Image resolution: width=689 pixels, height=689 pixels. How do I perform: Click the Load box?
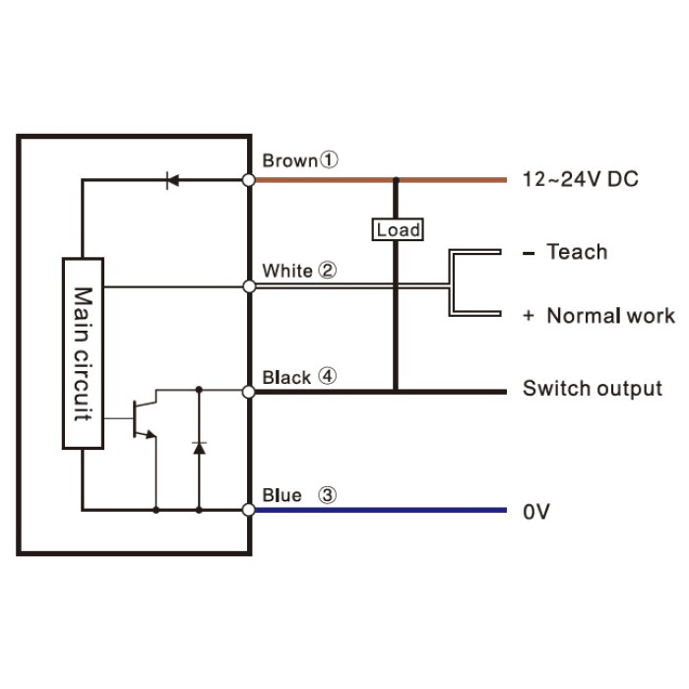click(398, 229)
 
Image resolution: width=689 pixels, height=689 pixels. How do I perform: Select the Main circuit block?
click(83, 353)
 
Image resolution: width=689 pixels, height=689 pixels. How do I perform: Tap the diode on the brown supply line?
click(172, 180)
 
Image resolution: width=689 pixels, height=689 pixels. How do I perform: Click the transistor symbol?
click(145, 419)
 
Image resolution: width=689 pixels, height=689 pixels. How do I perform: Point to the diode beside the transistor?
click(199, 448)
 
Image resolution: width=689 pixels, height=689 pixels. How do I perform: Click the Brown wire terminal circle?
click(249, 180)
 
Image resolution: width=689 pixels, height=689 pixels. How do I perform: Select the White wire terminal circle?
click(249, 286)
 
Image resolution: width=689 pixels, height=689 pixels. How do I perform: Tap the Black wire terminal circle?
click(249, 392)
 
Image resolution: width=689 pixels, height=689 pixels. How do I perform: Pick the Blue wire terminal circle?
click(249, 510)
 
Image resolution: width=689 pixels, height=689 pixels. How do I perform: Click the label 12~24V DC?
click(580, 179)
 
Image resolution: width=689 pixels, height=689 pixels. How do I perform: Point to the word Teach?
click(577, 252)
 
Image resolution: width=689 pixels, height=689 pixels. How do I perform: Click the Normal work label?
click(610, 316)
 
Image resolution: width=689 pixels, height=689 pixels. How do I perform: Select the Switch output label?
click(593, 389)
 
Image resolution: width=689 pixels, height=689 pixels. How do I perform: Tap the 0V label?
click(536, 512)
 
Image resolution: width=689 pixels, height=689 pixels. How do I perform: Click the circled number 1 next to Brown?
click(328, 159)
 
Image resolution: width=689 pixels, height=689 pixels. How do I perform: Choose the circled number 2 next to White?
click(327, 270)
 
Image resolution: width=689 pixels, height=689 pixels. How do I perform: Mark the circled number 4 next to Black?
click(327, 376)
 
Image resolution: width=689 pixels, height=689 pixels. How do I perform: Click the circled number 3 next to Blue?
click(327, 495)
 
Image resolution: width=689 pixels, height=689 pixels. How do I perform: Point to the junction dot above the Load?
click(396, 180)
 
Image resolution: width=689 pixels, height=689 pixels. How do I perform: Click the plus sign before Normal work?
click(529, 316)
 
